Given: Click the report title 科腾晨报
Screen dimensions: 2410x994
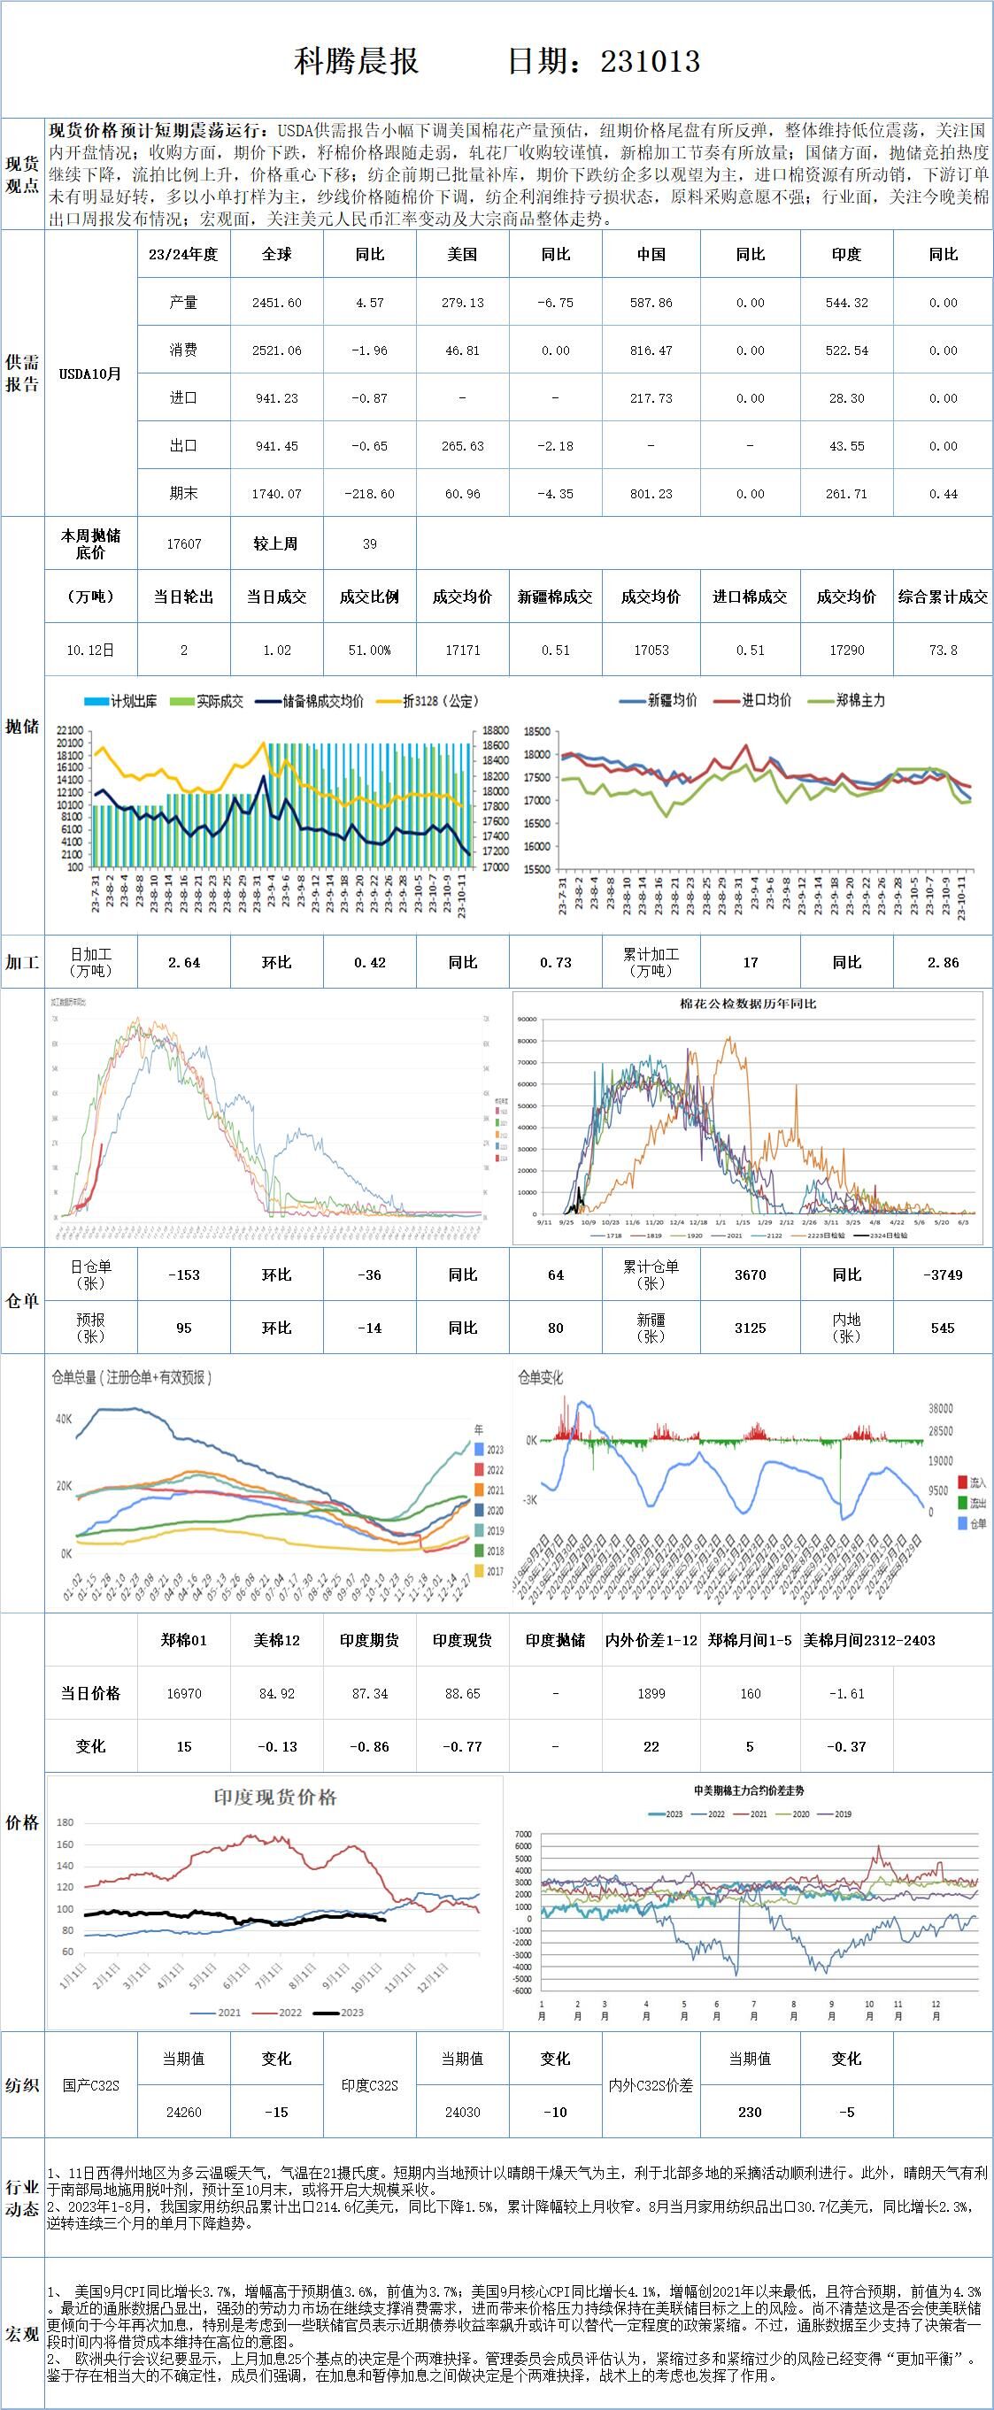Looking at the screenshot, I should (357, 62).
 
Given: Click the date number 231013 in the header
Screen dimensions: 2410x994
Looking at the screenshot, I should (650, 62).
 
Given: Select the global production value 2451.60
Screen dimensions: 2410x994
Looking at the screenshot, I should (276, 303).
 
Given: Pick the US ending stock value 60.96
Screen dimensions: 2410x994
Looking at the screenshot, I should (462, 494).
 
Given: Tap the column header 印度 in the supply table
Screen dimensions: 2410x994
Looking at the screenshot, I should (846, 255).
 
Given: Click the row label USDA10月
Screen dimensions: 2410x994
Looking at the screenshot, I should (90, 374).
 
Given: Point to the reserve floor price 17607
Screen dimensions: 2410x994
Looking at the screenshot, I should (183, 543).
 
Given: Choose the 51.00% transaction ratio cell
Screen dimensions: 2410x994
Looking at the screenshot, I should (369, 650).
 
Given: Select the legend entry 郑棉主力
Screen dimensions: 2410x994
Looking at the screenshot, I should (859, 700).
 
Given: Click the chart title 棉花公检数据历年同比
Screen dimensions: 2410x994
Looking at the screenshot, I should (748, 1004).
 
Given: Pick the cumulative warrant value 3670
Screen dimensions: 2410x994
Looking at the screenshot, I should (750, 1274).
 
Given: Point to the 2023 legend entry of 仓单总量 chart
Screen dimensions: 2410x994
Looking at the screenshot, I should (493, 1449).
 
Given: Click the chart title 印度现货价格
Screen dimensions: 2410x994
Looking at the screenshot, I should (275, 1797).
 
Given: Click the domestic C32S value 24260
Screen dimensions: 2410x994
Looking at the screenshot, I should (183, 2112).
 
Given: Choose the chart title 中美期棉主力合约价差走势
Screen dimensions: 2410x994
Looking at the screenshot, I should (749, 1790).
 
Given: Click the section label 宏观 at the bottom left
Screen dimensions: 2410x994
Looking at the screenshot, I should (22, 2334).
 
